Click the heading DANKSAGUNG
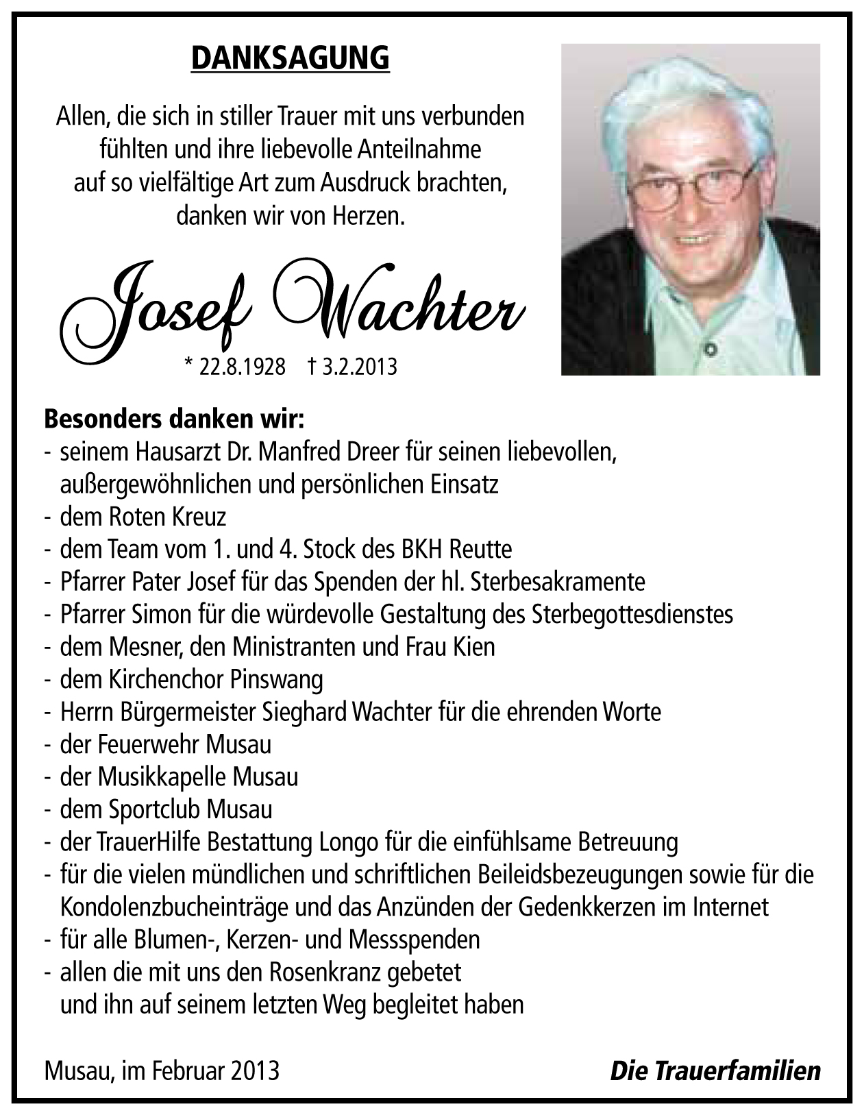point(290,59)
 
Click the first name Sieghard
point(305,712)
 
